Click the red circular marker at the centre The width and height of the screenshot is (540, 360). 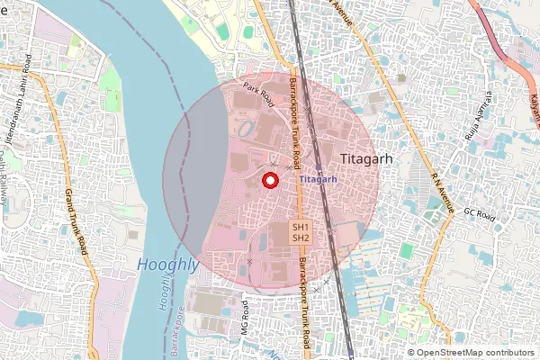pyautogui.click(x=267, y=181)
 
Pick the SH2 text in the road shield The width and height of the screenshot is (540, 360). pyautogui.click(x=301, y=238)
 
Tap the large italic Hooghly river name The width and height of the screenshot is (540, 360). pyautogui.click(x=168, y=265)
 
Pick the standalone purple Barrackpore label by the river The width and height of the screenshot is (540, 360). pyautogui.click(x=180, y=331)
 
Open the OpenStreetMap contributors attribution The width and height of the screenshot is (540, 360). pyautogui.click(x=471, y=352)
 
